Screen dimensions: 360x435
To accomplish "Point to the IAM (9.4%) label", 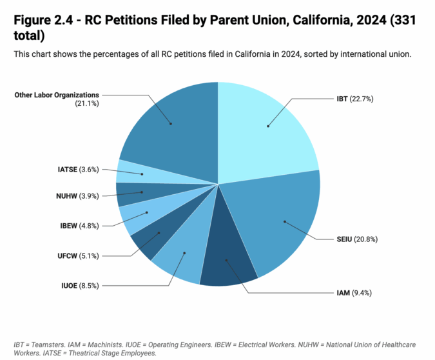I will click(353, 293).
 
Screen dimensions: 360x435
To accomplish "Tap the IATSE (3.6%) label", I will click(77, 169).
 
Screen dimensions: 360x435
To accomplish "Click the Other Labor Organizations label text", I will click(57, 95).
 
